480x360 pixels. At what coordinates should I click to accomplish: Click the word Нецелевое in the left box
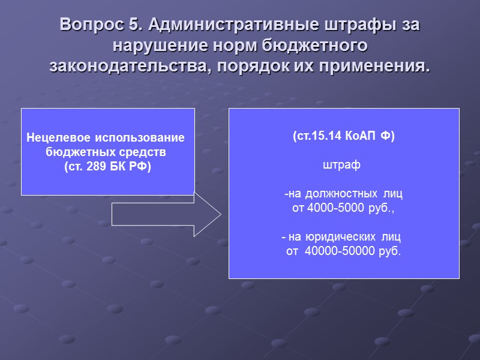click(x=56, y=139)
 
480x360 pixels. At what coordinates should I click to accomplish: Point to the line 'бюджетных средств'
click(x=107, y=152)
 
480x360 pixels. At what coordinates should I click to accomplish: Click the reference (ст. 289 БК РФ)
click(x=107, y=166)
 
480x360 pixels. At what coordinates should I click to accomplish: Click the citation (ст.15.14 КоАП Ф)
click(x=343, y=136)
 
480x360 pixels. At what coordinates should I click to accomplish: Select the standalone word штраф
click(x=341, y=164)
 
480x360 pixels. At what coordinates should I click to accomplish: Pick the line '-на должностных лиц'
click(x=343, y=194)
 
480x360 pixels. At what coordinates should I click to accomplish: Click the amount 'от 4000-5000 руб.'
click(x=343, y=208)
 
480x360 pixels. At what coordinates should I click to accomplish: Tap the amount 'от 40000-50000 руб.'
click(x=343, y=251)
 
